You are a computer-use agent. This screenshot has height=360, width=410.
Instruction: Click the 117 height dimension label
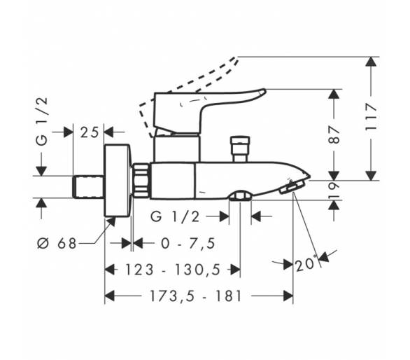tap(371, 117)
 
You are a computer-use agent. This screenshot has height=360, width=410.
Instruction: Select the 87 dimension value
tap(334, 134)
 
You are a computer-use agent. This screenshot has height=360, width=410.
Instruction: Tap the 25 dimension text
tap(89, 132)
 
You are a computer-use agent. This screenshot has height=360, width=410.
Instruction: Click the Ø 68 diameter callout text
tap(57, 244)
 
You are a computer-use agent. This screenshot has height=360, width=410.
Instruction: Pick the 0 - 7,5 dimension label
tap(188, 244)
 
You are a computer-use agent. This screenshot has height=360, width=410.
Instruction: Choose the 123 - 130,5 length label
tap(173, 270)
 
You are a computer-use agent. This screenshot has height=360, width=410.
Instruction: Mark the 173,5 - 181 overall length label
tap(195, 296)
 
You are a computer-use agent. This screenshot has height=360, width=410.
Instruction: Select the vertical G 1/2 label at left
tap(42, 121)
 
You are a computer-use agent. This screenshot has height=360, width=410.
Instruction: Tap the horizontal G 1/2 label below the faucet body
tap(175, 217)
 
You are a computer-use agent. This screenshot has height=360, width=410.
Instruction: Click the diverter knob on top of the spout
tap(240, 148)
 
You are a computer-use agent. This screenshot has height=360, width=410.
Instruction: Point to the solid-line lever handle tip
tap(263, 92)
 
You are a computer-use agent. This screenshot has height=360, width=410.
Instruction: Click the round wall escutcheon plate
tap(118, 181)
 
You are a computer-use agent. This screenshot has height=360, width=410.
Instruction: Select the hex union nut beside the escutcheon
tap(141, 180)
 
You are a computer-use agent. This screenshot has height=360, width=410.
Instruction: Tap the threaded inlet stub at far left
tap(88, 187)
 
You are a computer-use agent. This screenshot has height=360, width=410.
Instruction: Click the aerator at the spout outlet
tap(292, 188)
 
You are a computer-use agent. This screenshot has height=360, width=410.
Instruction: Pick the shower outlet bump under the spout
tap(240, 196)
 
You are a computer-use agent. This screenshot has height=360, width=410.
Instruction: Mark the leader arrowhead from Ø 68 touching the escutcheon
tap(111, 221)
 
